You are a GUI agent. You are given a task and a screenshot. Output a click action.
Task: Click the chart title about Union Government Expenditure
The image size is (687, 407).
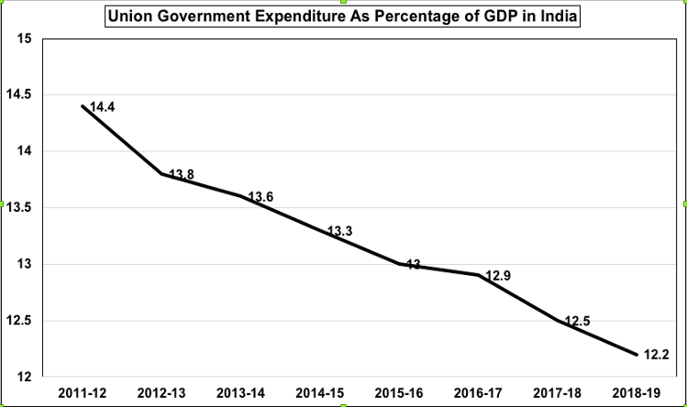tap(344, 16)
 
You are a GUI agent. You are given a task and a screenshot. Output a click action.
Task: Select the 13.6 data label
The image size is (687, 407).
tap(260, 196)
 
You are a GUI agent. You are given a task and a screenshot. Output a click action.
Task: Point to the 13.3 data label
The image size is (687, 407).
tap(340, 231)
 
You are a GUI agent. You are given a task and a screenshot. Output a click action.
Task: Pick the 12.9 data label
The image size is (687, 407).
tap(501, 275)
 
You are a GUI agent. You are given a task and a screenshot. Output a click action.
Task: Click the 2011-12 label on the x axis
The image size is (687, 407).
tap(83, 394)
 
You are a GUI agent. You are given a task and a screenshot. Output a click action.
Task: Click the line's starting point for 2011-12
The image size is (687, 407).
tap(83, 106)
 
